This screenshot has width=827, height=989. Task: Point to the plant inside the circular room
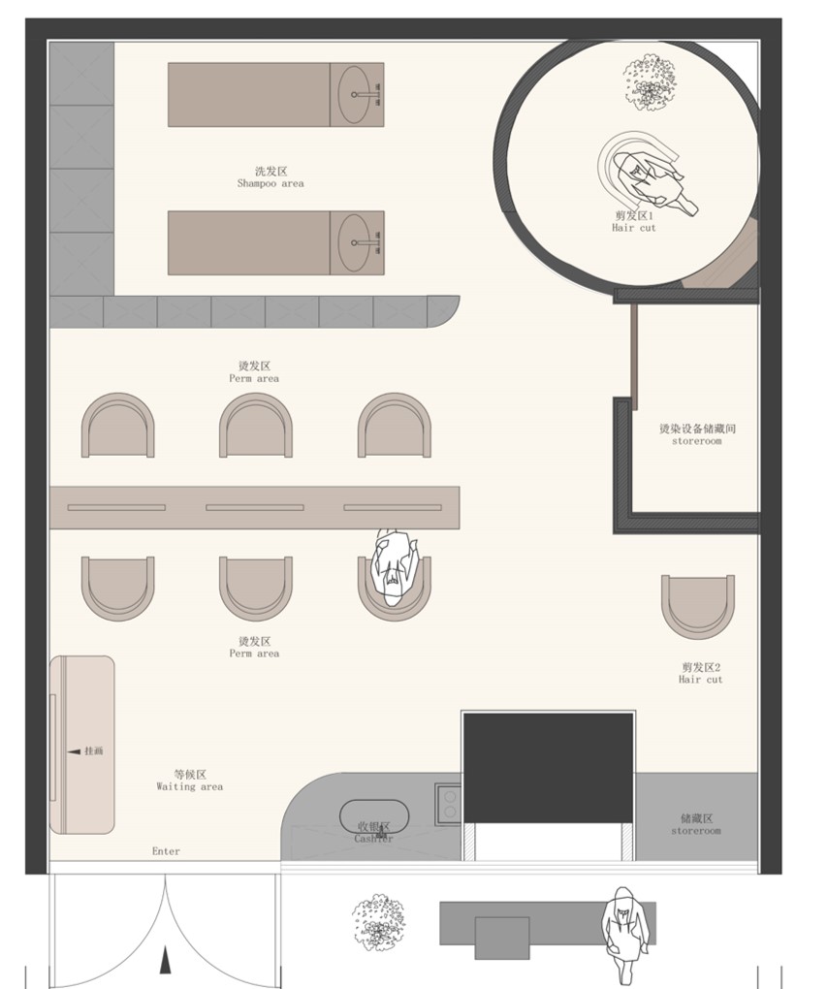650,80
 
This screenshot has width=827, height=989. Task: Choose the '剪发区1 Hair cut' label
634,221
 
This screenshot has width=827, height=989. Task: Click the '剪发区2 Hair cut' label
700,673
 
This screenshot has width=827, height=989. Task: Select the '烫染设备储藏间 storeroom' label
696,433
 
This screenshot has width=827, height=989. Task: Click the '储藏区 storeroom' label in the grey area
696,824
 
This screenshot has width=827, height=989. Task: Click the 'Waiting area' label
190,781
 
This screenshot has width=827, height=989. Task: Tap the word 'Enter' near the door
166,851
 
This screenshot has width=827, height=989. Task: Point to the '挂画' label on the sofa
88,750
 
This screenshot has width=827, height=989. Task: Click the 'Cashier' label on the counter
373,833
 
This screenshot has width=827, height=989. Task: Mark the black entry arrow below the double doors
166,960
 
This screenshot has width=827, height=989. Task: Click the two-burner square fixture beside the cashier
449,800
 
